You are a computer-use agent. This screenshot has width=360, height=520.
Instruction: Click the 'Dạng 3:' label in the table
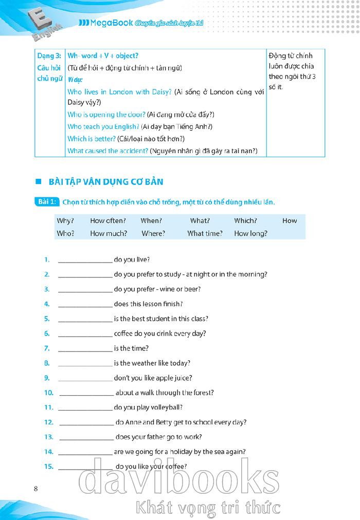coord(49,55)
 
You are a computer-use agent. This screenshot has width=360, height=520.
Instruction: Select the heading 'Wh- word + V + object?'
coord(103,55)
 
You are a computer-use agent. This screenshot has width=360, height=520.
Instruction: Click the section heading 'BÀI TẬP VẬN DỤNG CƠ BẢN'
coord(106,182)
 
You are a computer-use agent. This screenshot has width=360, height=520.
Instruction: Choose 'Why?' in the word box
coord(65,220)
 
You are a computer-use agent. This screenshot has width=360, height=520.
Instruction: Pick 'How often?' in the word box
coord(108,220)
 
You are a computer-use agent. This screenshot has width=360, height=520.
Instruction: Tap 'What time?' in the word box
coord(205,233)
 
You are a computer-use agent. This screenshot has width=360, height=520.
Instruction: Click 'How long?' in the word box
coord(250,233)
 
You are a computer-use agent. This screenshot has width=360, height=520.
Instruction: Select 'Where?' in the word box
coord(153,233)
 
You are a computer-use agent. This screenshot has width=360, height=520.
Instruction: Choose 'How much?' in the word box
coord(109,233)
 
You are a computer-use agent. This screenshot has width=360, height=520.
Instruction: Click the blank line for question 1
coord(85,261)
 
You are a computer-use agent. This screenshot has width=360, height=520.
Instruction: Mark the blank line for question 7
coord(85,349)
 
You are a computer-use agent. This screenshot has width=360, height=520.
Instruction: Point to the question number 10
coord(49,393)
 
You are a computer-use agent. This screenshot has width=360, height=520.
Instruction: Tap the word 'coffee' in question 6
coord(125,333)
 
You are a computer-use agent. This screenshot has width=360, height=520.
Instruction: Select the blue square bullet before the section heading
coord(38,182)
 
